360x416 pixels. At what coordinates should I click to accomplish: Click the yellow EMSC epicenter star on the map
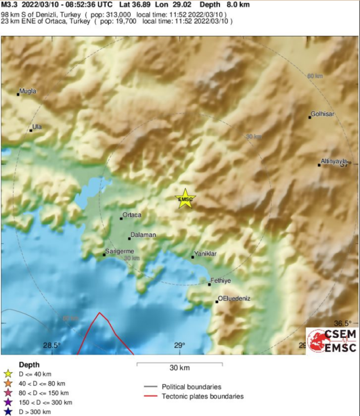(185, 199)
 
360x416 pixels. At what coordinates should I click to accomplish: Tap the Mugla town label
(28, 91)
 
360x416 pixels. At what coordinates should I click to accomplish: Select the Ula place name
(37, 127)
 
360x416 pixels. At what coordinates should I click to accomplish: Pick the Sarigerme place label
(119, 251)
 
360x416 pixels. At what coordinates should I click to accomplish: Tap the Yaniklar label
(205, 254)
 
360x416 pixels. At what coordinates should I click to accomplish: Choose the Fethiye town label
(220, 281)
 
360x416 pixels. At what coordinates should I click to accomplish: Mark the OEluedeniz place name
(234, 298)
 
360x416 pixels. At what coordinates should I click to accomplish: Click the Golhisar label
(323, 114)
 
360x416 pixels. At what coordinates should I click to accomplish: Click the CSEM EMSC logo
(332, 340)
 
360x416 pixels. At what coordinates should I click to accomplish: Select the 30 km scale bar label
(180, 368)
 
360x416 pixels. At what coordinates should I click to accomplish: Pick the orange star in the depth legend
(7, 384)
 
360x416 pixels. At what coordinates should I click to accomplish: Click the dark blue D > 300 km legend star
(7, 411)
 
